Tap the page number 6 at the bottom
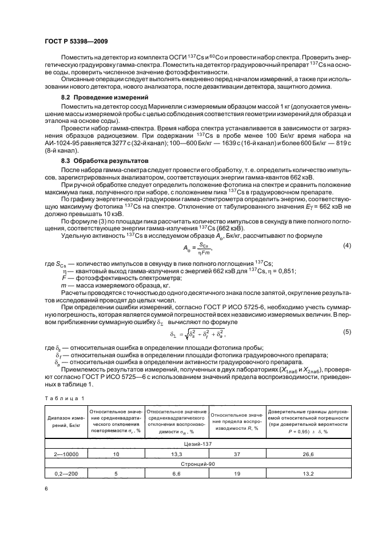pyautogui.click(x=46, y=489)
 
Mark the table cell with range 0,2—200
pyautogui.click(x=65, y=474)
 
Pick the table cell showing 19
pyautogui.click(x=237, y=474)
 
